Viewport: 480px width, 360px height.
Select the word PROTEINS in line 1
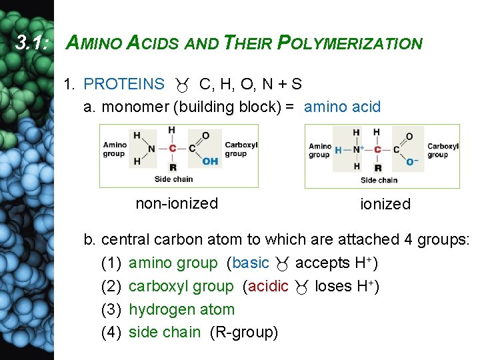[124, 84]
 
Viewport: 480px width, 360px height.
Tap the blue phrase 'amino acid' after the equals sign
[342, 107]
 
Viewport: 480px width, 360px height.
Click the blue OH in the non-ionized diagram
[210, 161]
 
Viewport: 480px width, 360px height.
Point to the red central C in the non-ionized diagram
[173, 149]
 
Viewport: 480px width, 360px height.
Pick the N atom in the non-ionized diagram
[152, 149]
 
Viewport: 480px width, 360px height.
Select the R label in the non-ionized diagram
[173, 167]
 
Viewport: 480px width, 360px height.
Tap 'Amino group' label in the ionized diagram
[319, 150]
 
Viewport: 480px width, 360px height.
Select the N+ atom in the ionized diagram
[357, 150]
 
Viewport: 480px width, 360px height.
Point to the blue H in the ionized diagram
[338, 150]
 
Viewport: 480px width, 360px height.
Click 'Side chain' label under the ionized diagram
[379, 180]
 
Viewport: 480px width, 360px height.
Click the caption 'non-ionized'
[177, 203]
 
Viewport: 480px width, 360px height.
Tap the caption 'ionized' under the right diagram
[385, 205]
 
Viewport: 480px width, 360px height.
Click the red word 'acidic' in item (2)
[268, 287]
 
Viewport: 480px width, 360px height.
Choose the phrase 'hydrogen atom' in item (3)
[181, 309]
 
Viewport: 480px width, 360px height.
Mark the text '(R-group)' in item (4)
[243, 332]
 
